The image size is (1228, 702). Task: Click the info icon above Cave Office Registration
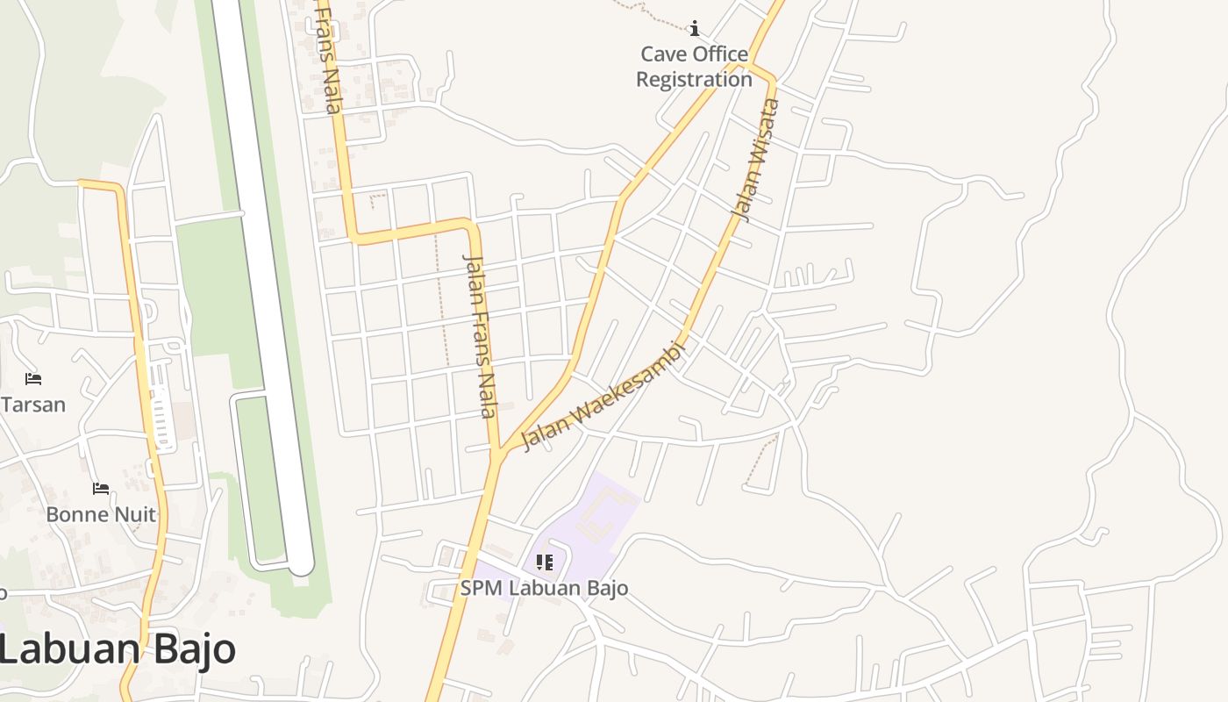click(695, 29)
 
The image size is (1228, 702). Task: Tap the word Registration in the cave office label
click(694, 79)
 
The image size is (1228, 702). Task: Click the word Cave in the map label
click(664, 54)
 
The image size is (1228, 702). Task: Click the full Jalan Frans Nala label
click(480, 336)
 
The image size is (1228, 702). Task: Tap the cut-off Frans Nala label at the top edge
click(326, 58)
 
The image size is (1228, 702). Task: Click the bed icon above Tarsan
click(33, 379)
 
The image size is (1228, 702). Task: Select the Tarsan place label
click(33, 405)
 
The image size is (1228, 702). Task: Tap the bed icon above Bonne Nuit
click(101, 489)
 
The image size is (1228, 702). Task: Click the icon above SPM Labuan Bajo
click(545, 562)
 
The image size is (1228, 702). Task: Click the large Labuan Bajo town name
click(118, 650)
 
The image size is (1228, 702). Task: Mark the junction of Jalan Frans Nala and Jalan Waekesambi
click(500, 452)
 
